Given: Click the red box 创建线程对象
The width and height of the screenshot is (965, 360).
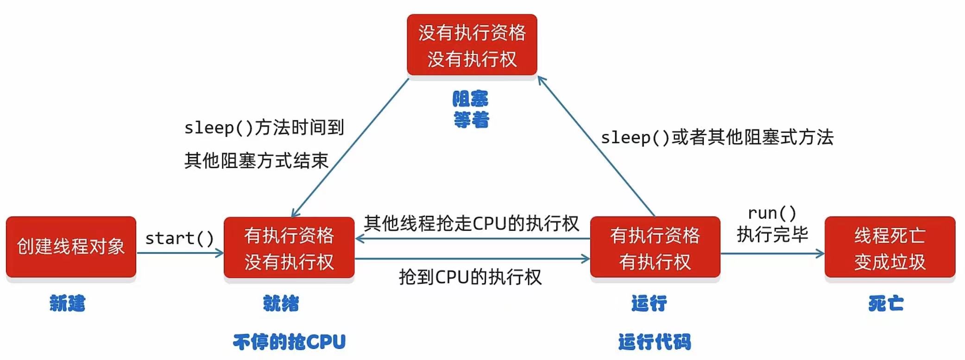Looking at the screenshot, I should click(71, 246).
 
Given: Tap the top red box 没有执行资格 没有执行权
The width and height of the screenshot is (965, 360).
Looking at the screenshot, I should click(472, 45).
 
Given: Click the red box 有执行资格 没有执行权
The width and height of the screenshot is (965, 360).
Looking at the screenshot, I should click(289, 248).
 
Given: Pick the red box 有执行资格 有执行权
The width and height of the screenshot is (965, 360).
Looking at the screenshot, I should click(655, 248).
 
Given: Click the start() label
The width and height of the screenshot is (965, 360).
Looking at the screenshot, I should click(179, 238).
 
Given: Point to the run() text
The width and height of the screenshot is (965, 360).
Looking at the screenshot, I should click(772, 213).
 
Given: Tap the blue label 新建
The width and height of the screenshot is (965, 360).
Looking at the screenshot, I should click(68, 303).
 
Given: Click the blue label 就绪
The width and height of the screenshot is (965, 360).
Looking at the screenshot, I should click(281, 303).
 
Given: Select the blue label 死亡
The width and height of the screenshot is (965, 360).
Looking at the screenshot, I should click(886, 303).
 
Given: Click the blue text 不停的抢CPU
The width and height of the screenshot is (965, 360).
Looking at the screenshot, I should click(289, 342).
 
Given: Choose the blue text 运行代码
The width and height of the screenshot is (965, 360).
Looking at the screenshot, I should click(655, 342).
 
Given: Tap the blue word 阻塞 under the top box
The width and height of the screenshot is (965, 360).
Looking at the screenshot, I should click(471, 99).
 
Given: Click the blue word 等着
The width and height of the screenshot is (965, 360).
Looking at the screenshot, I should click(471, 120).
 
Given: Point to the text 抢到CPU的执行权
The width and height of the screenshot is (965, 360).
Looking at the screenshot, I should click(470, 277).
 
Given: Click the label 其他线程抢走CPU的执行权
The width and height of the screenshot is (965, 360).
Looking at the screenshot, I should click(471, 223).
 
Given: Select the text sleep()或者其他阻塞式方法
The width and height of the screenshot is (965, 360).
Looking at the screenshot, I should click(717, 137).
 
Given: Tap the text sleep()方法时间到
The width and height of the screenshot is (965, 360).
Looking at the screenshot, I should click(264, 127).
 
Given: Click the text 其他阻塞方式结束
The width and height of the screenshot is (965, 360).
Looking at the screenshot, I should click(256, 160).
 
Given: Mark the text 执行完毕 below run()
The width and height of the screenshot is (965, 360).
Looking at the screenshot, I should click(772, 234).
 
